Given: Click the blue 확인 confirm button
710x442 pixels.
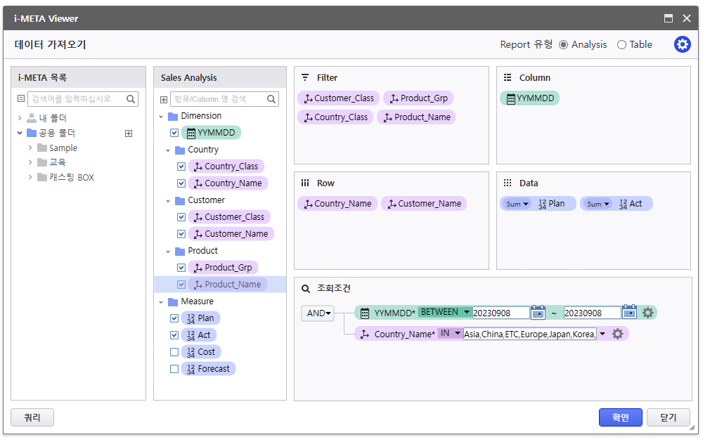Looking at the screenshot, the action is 620,417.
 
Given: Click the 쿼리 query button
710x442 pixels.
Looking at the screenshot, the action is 32,417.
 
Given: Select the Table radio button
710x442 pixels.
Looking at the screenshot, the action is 621,45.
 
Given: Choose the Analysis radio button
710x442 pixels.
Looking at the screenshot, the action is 563,45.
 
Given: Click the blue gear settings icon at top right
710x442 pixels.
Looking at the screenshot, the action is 683,44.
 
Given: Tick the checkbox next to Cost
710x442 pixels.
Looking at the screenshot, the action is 174,352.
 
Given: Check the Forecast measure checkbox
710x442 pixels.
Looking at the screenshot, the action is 174,369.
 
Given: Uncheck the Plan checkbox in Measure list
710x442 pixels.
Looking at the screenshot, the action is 174,318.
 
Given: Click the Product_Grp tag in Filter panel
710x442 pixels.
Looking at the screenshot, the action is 418,98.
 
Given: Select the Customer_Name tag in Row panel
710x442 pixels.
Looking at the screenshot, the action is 424,204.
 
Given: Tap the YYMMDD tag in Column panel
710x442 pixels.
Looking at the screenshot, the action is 530,98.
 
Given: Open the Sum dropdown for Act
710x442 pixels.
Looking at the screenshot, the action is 598,204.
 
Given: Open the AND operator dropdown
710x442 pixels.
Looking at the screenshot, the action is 318,313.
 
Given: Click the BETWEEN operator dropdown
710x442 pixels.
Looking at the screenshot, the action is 445,312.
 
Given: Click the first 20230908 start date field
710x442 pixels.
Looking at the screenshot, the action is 501,313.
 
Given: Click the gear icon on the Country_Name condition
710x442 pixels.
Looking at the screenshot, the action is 618,334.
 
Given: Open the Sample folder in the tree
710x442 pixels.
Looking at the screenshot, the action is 63,148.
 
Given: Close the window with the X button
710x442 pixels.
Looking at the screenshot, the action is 687,18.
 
